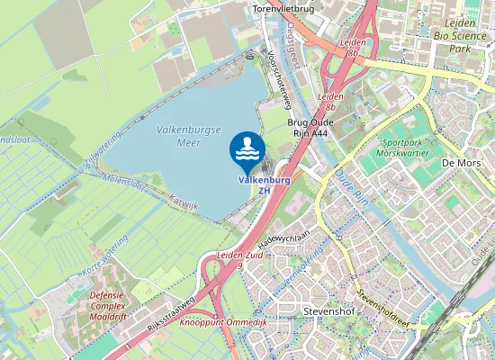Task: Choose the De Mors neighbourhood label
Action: click(461, 163)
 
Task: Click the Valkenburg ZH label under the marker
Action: click(264, 184)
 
